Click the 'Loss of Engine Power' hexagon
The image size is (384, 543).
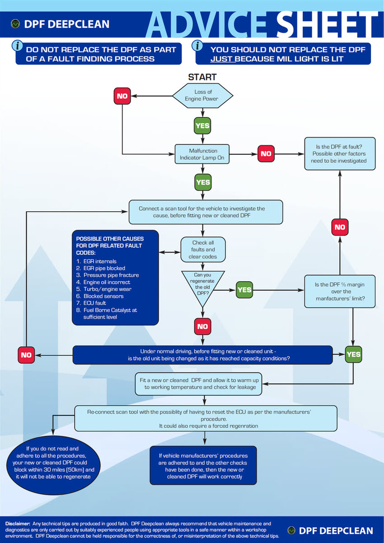click(x=203, y=95)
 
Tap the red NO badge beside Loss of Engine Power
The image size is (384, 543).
click(x=122, y=96)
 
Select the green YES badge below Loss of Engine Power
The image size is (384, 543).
click(x=202, y=125)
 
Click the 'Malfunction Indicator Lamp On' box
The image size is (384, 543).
click(x=203, y=154)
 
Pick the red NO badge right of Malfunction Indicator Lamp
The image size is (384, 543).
click(x=266, y=153)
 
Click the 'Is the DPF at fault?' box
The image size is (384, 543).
click(x=340, y=153)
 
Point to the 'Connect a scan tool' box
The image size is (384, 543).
click(x=206, y=212)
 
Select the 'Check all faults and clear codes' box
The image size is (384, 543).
click(x=203, y=250)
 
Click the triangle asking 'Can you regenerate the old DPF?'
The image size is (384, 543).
click(x=203, y=284)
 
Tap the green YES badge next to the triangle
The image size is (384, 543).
click(x=244, y=290)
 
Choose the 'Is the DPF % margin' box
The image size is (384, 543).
click(x=340, y=291)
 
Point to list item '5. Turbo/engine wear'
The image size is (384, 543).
click(x=104, y=289)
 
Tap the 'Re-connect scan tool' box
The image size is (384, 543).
click(x=206, y=418)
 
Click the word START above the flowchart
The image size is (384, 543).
click(x=202, y=77)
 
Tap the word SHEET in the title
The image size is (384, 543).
click(x=327, y=25)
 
